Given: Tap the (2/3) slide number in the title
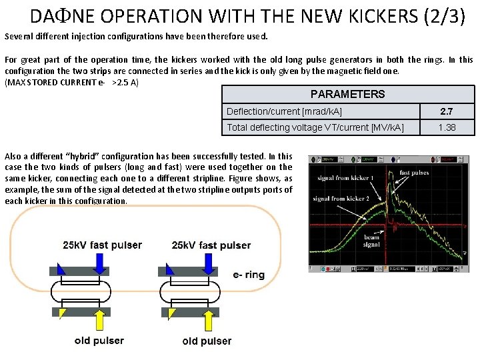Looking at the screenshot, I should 443,16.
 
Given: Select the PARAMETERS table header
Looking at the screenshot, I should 347,94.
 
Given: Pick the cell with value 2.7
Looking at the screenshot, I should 447,111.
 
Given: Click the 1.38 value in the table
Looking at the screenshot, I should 447,127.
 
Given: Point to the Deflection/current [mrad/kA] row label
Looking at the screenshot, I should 284,111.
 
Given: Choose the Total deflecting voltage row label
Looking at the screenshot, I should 315,127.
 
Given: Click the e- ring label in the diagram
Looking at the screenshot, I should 249,275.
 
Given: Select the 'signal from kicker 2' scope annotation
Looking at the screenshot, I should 340,199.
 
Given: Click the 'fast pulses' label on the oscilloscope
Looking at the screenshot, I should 414,173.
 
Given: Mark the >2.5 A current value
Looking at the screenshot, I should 125,82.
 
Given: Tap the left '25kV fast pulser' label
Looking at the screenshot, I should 102,245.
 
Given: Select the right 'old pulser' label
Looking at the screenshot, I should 207,341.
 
